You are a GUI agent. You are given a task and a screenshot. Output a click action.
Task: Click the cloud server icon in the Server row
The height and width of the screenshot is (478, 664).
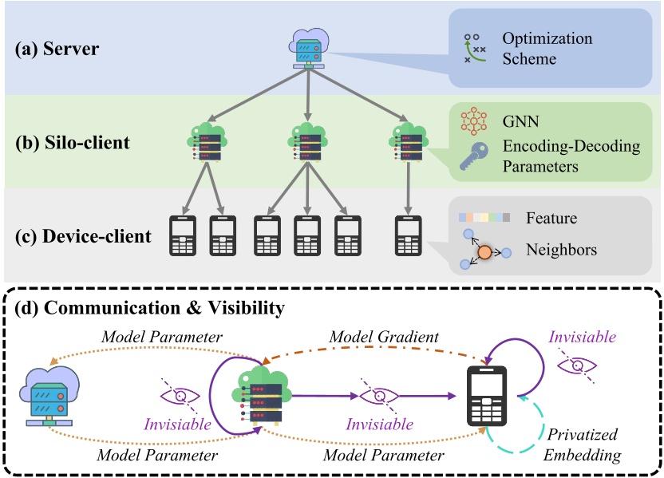[x=307, y=49]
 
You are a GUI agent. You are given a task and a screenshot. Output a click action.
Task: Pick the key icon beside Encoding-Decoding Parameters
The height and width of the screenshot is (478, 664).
[x=474, y=158]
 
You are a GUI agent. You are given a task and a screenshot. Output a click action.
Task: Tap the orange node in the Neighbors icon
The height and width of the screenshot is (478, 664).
[x=484, y=253]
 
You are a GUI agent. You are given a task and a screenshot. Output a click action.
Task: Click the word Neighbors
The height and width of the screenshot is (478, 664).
[x=561, y=250]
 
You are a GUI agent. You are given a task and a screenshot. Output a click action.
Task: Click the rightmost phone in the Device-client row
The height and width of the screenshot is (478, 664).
[x=408, y=235]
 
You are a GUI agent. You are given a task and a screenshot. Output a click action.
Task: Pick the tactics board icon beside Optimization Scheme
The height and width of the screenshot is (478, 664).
[x=475, y=49]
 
